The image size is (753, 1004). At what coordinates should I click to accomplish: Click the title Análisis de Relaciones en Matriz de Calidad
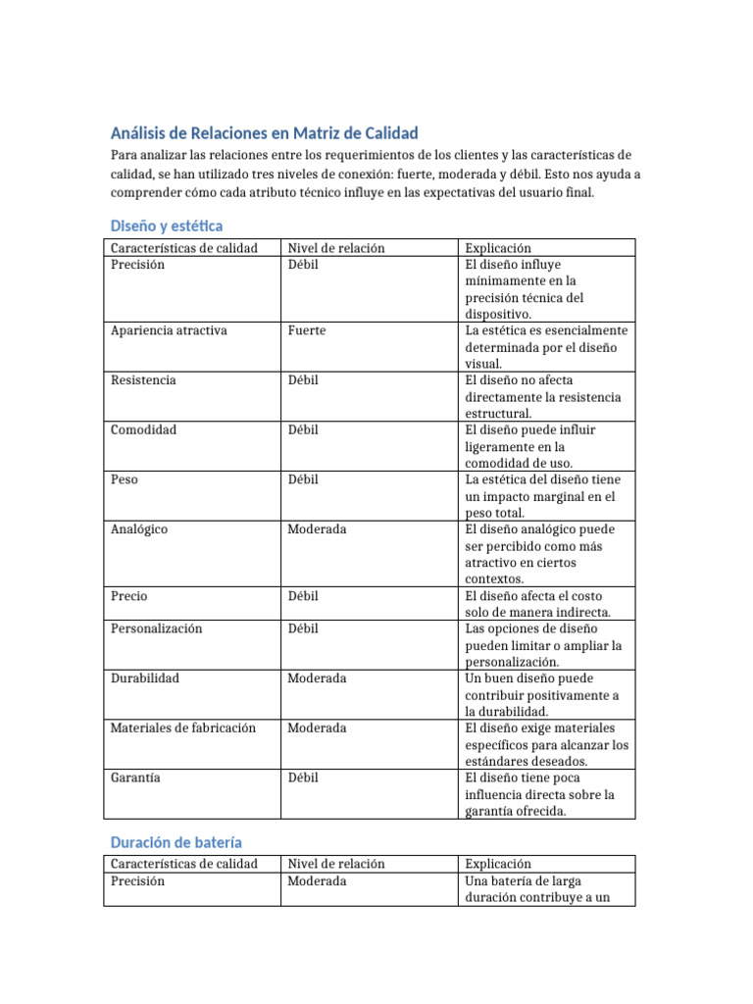coord(264,133)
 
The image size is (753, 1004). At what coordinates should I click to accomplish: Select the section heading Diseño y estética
coord(167,226)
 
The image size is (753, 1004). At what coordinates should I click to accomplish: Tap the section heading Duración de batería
coord(176,842)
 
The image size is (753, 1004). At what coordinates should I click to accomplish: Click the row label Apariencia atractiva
coord(169,330)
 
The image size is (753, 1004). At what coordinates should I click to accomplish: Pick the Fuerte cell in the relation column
coord(306,330)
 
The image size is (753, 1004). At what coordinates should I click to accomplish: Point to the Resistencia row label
coord(143,380)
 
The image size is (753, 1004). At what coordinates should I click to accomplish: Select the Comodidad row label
coord(144,429)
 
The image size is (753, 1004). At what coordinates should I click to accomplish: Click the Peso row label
coord(125,479)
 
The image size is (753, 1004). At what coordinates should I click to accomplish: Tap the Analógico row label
coord(139,529)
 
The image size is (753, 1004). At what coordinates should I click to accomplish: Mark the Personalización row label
coord(157,628)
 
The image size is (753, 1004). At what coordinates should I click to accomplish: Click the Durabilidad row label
coord(145,678)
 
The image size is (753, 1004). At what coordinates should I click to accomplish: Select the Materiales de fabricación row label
coord(183,728)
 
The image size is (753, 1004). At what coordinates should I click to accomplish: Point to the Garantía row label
coord(136,778)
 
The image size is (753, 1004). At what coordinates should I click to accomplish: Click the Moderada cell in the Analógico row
coord(317,529)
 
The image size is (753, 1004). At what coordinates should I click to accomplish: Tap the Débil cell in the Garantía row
coord(303,778)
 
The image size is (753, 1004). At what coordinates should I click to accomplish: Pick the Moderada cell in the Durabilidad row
coord(317,678)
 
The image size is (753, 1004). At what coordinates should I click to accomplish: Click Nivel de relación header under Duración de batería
coord(336,864)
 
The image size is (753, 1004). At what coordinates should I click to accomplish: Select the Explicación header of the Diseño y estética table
coord(498,248)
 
